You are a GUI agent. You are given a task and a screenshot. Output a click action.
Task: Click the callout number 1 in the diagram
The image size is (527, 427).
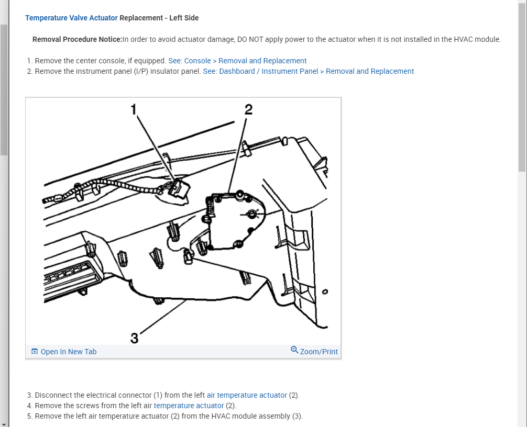133,109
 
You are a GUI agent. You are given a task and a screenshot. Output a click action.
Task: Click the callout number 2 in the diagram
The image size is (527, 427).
248,109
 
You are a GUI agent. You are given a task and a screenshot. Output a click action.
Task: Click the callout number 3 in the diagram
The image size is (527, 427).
134,339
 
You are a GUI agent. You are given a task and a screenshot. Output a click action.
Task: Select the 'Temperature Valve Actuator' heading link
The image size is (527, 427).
71,18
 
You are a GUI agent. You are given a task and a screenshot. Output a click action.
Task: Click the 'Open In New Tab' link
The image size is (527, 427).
69,352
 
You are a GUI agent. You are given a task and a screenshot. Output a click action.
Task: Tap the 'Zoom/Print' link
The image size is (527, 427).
319,352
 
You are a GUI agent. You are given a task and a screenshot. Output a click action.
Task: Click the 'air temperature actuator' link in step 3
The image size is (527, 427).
247,395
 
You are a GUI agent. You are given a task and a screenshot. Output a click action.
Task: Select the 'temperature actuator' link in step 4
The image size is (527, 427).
189,406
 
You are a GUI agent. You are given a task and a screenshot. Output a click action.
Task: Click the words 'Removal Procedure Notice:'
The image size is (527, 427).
77,39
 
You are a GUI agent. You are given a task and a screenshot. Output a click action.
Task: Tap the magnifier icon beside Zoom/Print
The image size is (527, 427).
294,350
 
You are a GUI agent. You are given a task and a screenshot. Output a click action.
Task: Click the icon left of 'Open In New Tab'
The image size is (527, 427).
35,352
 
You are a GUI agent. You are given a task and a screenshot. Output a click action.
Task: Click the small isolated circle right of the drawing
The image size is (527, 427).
325,292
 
